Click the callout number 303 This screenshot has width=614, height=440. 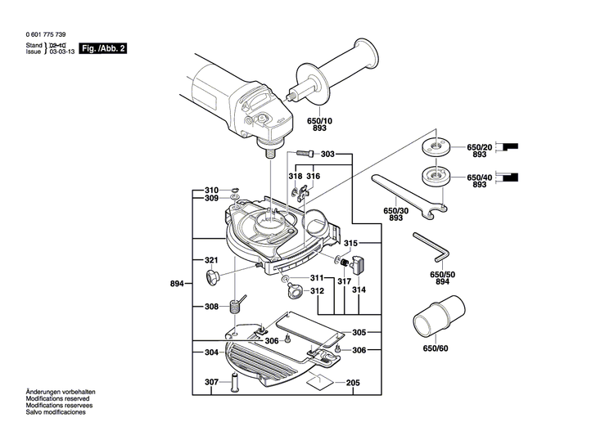[x=327, y=155]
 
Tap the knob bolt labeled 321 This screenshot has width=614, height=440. [x=213, y=276]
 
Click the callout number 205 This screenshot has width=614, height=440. [x=353, y=383]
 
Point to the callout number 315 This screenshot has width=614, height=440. [x=350, y=244]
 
